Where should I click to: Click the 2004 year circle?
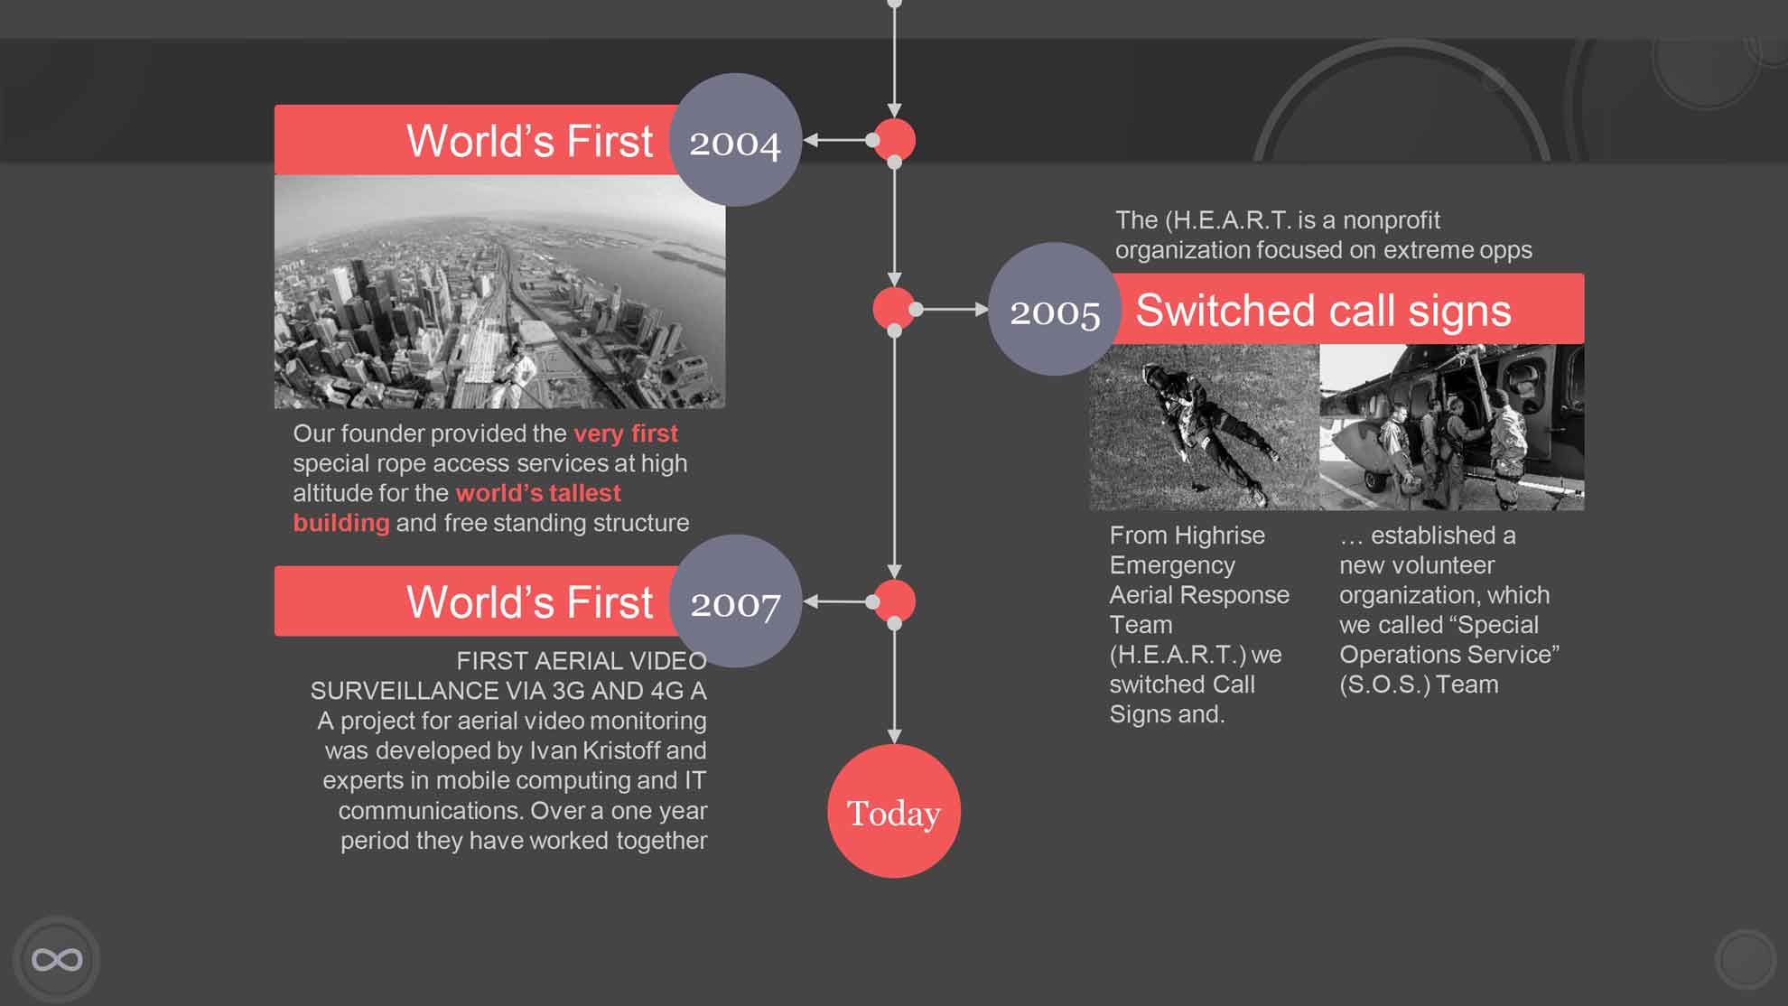tap(736, 140)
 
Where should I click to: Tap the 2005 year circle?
tap(1055, 309)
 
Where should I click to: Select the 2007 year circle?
tap(736, 601)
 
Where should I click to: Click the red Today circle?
tap(894, 811)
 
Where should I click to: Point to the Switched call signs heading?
tap(1323, 311)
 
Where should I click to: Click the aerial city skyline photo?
tap(499, 292)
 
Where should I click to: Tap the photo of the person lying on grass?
tap(1205, 427)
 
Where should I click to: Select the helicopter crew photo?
tap(1452, 427)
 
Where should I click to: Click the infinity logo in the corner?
tap(57, 959)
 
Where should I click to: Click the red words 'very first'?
tap(625, 433)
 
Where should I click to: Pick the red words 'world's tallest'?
tap(538, 493)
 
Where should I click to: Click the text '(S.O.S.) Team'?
tap(1419, 685)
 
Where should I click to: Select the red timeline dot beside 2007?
tap(895, 601)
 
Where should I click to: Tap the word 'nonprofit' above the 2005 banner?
tap(1392, 220)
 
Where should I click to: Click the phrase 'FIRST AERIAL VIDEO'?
tap(582, 661)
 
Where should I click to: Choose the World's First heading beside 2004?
tap(529, 141)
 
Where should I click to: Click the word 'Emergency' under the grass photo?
tap(1172, 565)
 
